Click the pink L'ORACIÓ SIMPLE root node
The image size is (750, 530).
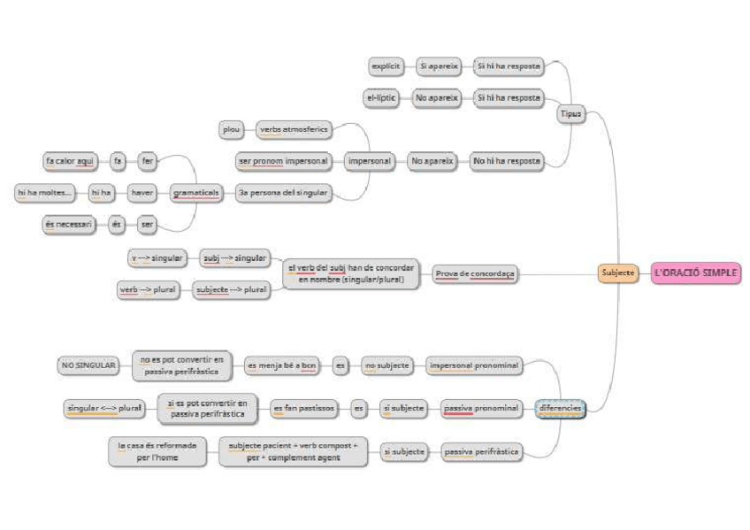(x=695, y=273)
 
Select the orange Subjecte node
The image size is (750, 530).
(x=618, y=273)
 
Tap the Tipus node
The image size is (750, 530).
(x=570, y=113)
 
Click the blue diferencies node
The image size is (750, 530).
(x=560, y=408)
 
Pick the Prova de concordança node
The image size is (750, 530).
(x=475, y=274)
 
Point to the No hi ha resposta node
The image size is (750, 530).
(x=507, y=162)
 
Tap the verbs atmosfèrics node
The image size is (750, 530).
(x=293, y=129)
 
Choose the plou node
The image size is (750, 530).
(x=230, y=129)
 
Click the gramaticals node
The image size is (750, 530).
(x=195, y=192)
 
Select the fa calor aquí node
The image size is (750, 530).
(x=71, y=161)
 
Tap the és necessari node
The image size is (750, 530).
(x=67, y=225)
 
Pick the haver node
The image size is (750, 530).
(x=142, y=192)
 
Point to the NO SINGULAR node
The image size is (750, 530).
(x=88, y=364)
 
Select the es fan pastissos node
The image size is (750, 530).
(x=305, y=408)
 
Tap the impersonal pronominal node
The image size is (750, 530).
(x=473, y=364)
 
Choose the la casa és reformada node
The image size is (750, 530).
(x=157, y=452)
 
